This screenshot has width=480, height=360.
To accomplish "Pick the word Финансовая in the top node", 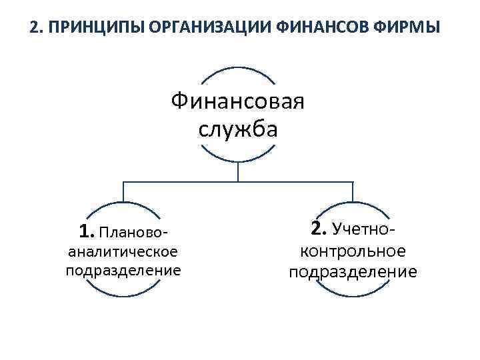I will pos(237,102).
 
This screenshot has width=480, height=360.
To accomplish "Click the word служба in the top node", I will pos(237,128).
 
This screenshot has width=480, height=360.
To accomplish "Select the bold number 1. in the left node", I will pos(86,231).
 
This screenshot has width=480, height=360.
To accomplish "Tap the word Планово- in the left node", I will pos(133,233).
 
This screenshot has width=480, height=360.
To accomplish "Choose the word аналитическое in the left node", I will pos(123,251).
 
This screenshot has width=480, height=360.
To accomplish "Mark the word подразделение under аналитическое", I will pos(123,270).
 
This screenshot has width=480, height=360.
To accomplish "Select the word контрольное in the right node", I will pos(353,251).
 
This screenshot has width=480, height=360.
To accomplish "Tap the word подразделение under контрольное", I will pos(353,272).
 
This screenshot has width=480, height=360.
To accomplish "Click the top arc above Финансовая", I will pos(237,68).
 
